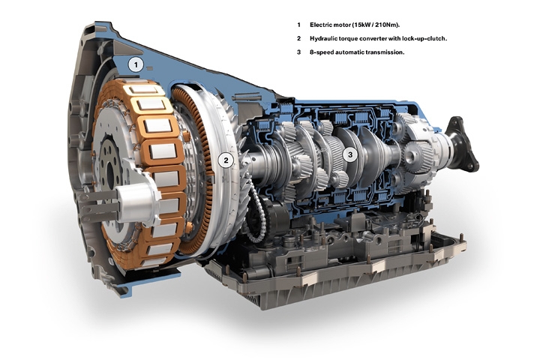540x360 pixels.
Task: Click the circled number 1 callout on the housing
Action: click(x=136, y=64)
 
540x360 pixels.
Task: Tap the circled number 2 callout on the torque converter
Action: click(x=226, y=160)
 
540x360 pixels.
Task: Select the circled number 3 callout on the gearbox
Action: click(x=350, y=154)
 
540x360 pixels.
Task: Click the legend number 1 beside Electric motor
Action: click(x=299, y=25)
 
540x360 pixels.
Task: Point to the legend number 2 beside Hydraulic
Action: click(x=299, y=38)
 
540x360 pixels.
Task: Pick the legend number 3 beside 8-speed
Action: click(x=299, y=52)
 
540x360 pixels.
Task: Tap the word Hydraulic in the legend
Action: click(x=323, y=38)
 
